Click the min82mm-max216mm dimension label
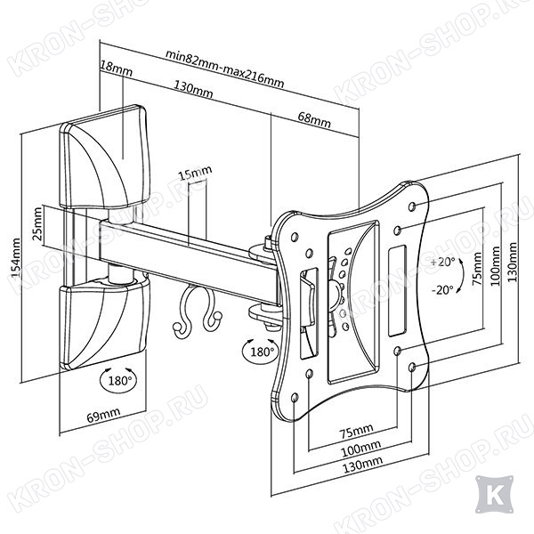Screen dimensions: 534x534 pos(224,69)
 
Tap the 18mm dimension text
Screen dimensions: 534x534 pos(117,69)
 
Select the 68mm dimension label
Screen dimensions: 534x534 pos(314,118)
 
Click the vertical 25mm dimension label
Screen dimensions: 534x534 pos(37,223)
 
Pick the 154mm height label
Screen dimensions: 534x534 pos(16,258)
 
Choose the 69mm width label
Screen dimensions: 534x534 pos(103,415)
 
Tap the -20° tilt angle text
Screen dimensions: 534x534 pos(442,290)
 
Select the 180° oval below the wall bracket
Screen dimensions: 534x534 pos(119,380)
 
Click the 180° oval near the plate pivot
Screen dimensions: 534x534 pos(261,352)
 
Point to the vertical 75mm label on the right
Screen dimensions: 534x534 pos(477,269)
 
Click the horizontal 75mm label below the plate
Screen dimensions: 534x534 pos(356,432)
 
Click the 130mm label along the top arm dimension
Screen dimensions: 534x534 pos(193,89)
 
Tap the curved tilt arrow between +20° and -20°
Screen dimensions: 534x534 pos(462,276)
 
